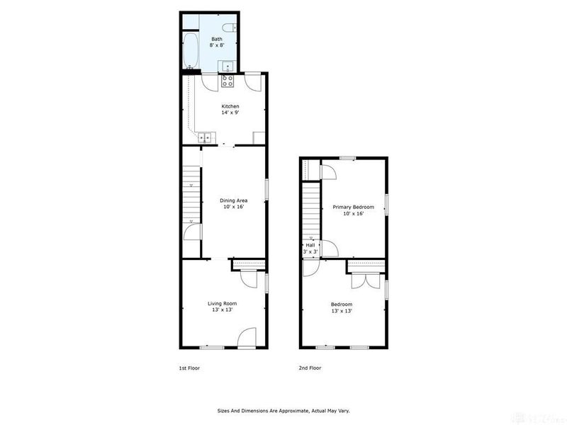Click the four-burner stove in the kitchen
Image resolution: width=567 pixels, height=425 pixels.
click(228, 81)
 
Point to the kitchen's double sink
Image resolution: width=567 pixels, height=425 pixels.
click(205, 137)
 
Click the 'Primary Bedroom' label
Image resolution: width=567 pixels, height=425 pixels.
click(354, 207)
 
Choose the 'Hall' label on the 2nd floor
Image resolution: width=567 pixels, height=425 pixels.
click(310, 245)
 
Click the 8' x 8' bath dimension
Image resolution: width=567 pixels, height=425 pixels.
click(216, 45)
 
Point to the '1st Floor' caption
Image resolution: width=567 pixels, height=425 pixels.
click(189, 368)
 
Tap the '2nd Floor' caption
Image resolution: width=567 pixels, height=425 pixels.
click(310, 368)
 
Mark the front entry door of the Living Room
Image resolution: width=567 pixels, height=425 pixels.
click(246, 339)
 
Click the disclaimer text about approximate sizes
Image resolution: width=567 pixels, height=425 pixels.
click(283, 410)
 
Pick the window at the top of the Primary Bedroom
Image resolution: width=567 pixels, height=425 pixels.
click(347, 157)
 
